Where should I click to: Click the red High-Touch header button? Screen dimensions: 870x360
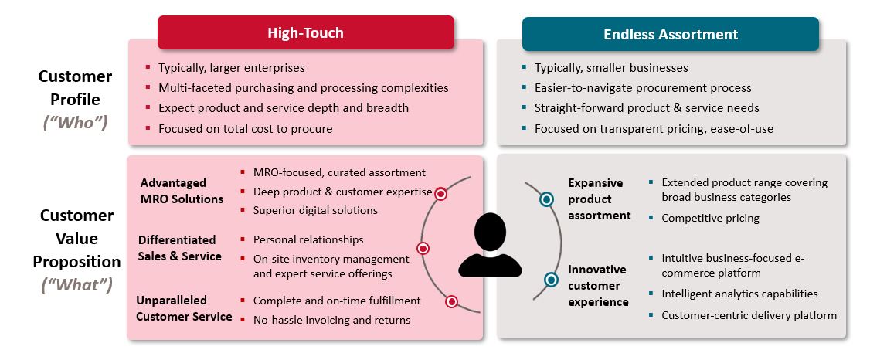(306, 32)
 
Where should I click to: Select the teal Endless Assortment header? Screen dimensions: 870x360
(670, 34)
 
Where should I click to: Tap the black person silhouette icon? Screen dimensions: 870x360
(490, 245)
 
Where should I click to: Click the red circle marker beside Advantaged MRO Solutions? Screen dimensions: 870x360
(440, 194)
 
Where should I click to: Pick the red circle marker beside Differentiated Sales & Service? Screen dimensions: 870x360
(423, 249)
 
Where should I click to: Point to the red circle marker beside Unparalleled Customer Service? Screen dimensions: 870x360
(452, 302)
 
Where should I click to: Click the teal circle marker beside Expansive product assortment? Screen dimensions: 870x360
(546, 199)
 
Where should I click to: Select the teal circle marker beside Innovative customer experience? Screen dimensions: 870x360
(551, 280)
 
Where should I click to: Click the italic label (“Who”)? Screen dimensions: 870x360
(75, 123)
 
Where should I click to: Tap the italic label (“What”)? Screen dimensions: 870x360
(76, 284)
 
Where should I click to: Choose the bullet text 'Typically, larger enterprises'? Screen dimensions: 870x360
(231, 68)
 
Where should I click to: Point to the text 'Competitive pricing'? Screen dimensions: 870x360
(710, 218)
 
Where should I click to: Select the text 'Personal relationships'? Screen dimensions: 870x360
(308, 239)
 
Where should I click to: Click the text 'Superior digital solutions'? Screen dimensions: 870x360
(315, 210)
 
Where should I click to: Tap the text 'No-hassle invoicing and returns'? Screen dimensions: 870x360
(331, 320)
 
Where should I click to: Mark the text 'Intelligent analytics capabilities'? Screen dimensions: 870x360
(739, 294)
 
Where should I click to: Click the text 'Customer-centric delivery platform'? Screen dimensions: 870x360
(749, 316)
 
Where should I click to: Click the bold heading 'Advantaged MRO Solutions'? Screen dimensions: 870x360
(182, 191)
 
